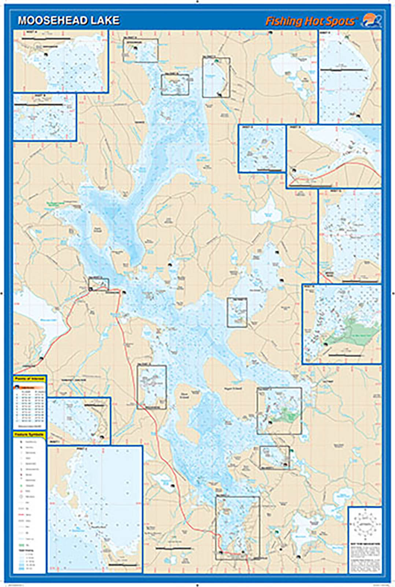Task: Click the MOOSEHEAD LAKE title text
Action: (x=69, y=20)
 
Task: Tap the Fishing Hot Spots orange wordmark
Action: (x=310, y=21)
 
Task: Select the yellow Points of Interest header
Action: (x=30, y=379)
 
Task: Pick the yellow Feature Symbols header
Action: (x=30, y=434)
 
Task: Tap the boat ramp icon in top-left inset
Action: (x=46, y=54)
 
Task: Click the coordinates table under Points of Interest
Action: (x=30, y=405)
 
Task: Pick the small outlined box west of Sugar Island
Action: (x=152, y=387)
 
